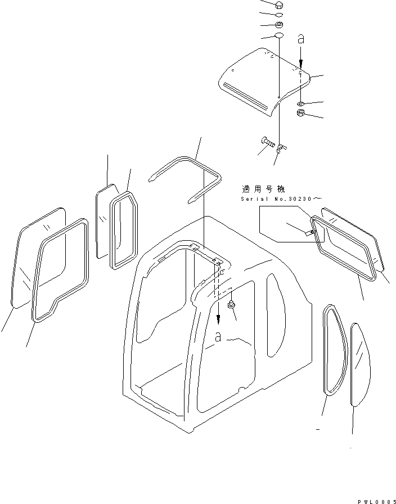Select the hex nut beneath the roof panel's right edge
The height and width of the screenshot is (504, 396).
(x=301, y=114)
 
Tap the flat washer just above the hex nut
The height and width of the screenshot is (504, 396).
(x=301, y=103)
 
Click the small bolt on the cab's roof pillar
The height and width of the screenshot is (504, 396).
(x=231, y=304)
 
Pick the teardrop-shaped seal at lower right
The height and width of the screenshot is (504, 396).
(x=332, y=350)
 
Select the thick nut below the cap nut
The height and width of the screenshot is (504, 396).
(x=280, y=25)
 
